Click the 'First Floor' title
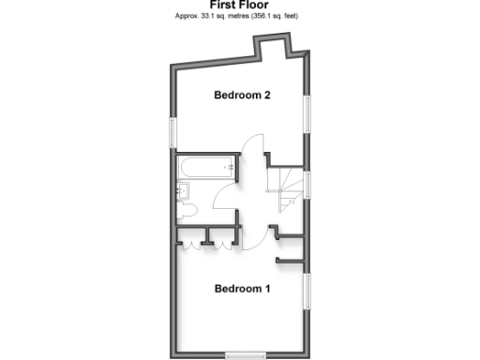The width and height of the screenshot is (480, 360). pyautogui.click(x=240, y=6)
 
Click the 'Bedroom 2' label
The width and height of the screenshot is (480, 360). pyautogui.click(x=243, y=95)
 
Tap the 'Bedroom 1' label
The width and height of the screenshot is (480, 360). pyautogui.click(x=242, y=289)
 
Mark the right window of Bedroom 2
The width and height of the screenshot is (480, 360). pyautogui.click(x=309, y=112)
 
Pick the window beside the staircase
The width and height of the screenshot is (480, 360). pyautogui.click(x=309, y=185)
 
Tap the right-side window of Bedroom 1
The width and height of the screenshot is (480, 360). pyautogui.click(x=309, y=292)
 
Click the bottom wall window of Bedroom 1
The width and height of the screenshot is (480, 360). pyautogui.click(x=247, y=354)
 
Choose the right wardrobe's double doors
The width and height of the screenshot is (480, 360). pyautogui.click(x=222, y=243)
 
